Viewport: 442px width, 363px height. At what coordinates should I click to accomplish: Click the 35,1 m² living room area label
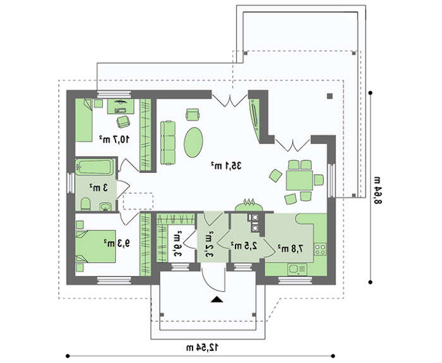pyautogui.click(x=226, y=165)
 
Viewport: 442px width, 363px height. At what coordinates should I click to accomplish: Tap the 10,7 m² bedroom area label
pyautogui.click(x=114, y=139)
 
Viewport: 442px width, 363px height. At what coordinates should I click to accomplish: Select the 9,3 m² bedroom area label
pyautogui.click(x=117, y=243)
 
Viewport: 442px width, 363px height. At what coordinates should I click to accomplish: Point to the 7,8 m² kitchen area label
pyautogui.click(x=290, y=249)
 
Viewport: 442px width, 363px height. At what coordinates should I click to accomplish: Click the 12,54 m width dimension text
pyautogui.click(x=202, y=347)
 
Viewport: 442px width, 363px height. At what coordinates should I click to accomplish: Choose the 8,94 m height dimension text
pyautogui.click(x=378, y=190)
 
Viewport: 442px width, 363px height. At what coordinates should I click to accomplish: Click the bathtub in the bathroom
pyautogui.click(x=95, y=167)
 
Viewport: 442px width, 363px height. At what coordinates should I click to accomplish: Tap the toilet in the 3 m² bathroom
pyautogui.click(x=85, y=204)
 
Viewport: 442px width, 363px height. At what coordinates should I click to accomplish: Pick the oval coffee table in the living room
pyautogui.click(x=193, y=142)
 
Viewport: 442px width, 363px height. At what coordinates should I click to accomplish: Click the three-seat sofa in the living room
pyautogui.click(x=168, y=143)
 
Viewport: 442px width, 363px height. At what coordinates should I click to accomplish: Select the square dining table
pyautogui.click(x=299, y=181)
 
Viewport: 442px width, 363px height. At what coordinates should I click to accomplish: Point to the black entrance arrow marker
pyautogui.click(x=217, y=299)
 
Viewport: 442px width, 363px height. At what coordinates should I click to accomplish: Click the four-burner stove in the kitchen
pyautogui.click(x=320, y=249)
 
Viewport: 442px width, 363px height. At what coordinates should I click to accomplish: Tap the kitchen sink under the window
pyautogui.click(x=297, y=270)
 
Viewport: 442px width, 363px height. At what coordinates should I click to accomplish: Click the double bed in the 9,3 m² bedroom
pyautogui.click(x=95, y=246)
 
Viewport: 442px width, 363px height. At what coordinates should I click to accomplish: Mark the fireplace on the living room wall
pyautogui.click(x=249, y=206)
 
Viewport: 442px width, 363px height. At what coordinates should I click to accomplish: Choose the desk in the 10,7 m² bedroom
pyautogui.click(x=121, y=106)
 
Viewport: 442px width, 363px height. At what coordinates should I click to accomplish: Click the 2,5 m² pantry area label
pyautogui.click(x=244, y=246)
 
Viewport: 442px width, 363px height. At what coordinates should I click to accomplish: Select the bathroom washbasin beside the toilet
pyautogui.click(x=105, y=206)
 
